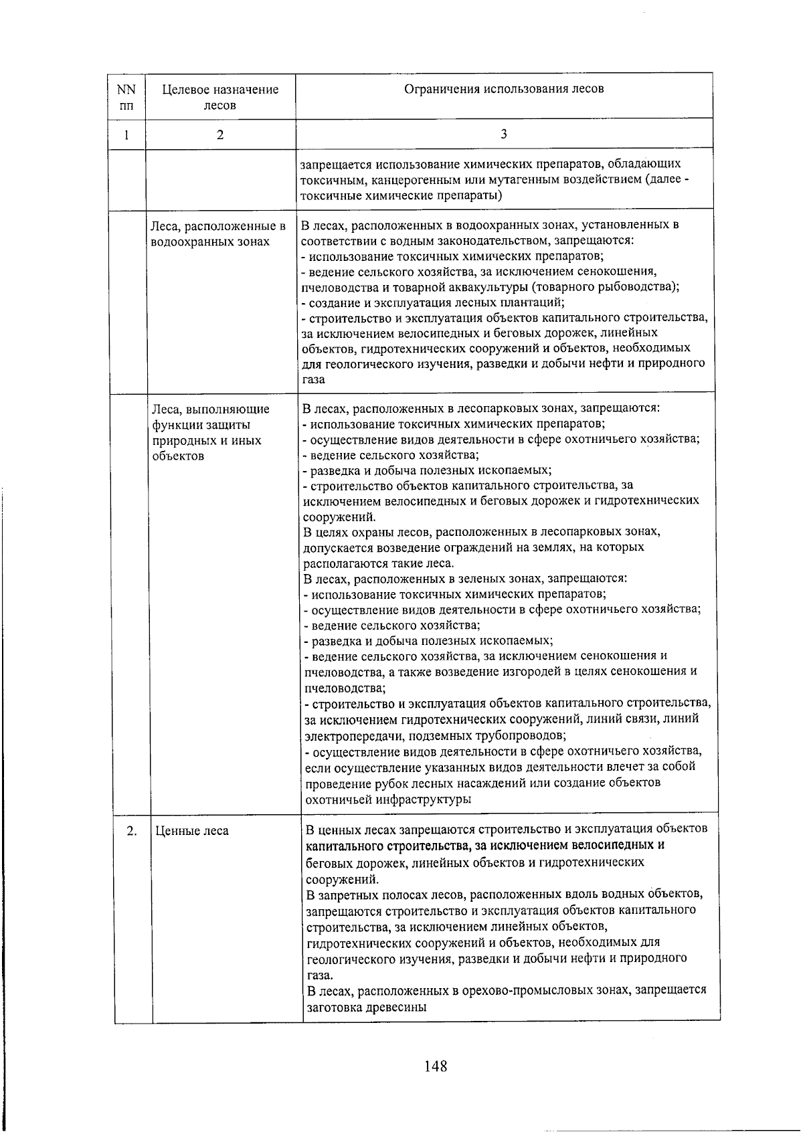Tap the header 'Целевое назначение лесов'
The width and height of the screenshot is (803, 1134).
click(220, 97)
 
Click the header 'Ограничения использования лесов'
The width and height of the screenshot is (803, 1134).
click(504, 89)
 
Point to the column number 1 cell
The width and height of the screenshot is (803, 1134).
click(126, 134)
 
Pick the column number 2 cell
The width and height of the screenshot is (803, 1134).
click(220, 134)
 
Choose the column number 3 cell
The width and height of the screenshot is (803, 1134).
click(504, 134)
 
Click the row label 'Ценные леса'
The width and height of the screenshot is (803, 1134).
click(192, 831)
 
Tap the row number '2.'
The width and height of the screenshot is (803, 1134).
click(132, 831)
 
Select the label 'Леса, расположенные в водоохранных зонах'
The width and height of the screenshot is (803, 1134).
click(218, 233)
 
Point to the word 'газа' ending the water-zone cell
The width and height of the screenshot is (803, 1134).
click(313, 379)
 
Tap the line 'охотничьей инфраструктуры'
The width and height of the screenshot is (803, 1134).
click(387, 799)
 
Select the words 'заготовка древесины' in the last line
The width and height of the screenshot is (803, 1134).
click(366, 1006)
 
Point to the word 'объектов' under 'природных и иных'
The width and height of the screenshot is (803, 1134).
click(177, 456)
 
